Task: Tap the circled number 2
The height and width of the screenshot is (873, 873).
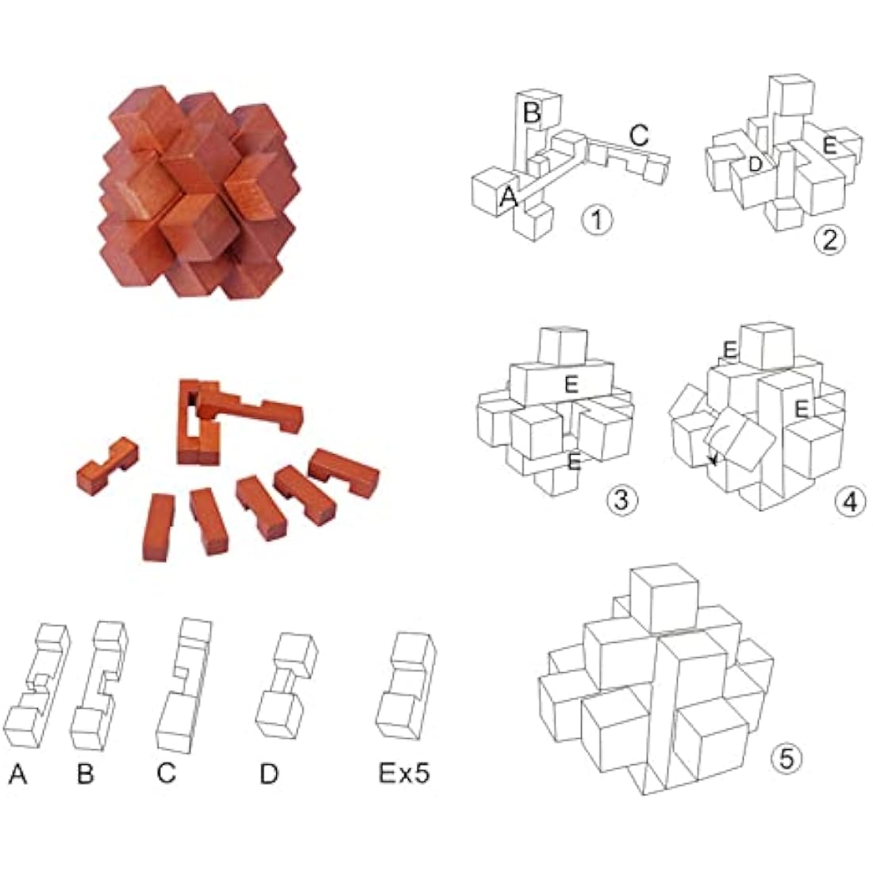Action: pos(830,239)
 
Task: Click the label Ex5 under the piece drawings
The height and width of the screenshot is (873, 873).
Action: pos(404,773)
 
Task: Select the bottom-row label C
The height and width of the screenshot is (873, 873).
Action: pos(166,773)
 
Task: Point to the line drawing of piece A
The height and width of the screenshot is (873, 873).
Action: pos(37,687)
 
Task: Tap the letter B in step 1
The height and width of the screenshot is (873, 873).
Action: pos(532,113)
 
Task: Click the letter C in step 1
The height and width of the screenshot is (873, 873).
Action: pos(640,135)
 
